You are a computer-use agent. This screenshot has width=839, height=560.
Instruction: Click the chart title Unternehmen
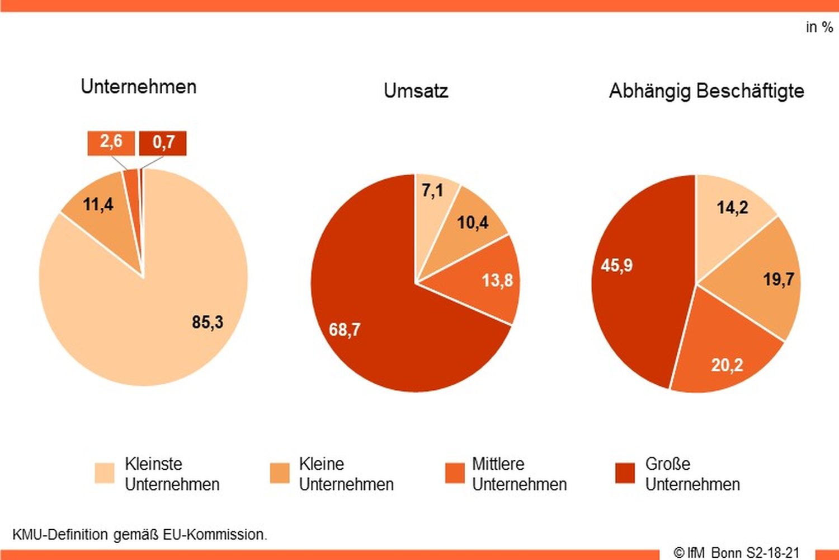[x=139, y=87]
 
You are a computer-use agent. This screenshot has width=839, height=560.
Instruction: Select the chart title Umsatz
[x=416, y=91]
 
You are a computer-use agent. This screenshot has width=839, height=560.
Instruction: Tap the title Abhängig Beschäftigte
[x=706, y=91]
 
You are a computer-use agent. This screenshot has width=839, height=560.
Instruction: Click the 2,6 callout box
[x=111, y=142]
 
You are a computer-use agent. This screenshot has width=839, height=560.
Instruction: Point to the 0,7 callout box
[x=163, y=143]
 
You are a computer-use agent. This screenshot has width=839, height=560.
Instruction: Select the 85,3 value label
[x=208, y=322]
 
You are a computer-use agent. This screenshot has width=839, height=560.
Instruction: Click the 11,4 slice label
[x=98, y=204]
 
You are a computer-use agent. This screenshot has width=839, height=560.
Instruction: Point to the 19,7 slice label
[x=779, y=279]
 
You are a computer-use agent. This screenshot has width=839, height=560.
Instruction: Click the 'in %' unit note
[x=819, y=27]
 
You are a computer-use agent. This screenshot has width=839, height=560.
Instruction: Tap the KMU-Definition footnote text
[x=140, y=534]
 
